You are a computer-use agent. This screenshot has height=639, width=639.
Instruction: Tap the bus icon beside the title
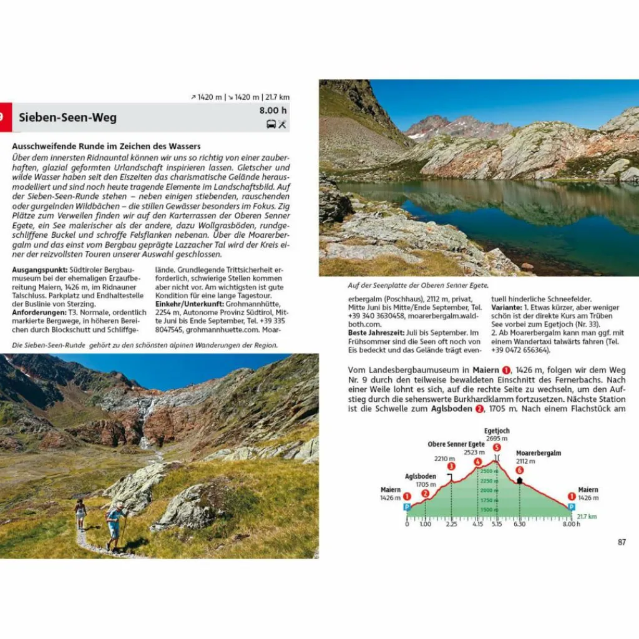pyautogui.click(x=271, y=124)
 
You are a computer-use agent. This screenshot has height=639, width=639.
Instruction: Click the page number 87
pyautogui.click(x=622, y=542)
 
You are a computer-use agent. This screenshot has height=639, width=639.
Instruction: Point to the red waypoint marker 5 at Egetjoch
pyautogui.click(x=497, y=447)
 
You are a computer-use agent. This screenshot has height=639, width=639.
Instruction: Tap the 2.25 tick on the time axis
pyautogui.click(x=451, y=524)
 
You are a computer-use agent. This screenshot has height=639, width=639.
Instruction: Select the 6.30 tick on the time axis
pyautogui.click(x=519, y=524)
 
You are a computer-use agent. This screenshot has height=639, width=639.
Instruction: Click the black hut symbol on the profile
pyautogui.click(x=519, y=480)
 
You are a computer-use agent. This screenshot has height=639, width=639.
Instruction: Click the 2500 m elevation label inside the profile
pyautogui.click(x=490, y=471)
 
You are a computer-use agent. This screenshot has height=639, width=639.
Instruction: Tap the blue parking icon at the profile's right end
pyautogui.click(x=571, y=507)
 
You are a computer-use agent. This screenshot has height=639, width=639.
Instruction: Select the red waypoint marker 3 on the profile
pyautogui.click(x=451, y=466)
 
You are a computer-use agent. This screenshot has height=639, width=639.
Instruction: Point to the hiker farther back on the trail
pyautogui.click(x=80, y=513)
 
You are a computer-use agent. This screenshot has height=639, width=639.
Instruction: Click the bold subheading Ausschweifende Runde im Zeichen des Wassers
pyautogui.click(x=106, y=146)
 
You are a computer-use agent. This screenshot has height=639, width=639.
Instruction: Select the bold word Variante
pyautogui.click(x=505, y=308)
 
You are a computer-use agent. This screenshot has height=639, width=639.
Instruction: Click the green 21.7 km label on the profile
pyautogui.click(x=587, y=517)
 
